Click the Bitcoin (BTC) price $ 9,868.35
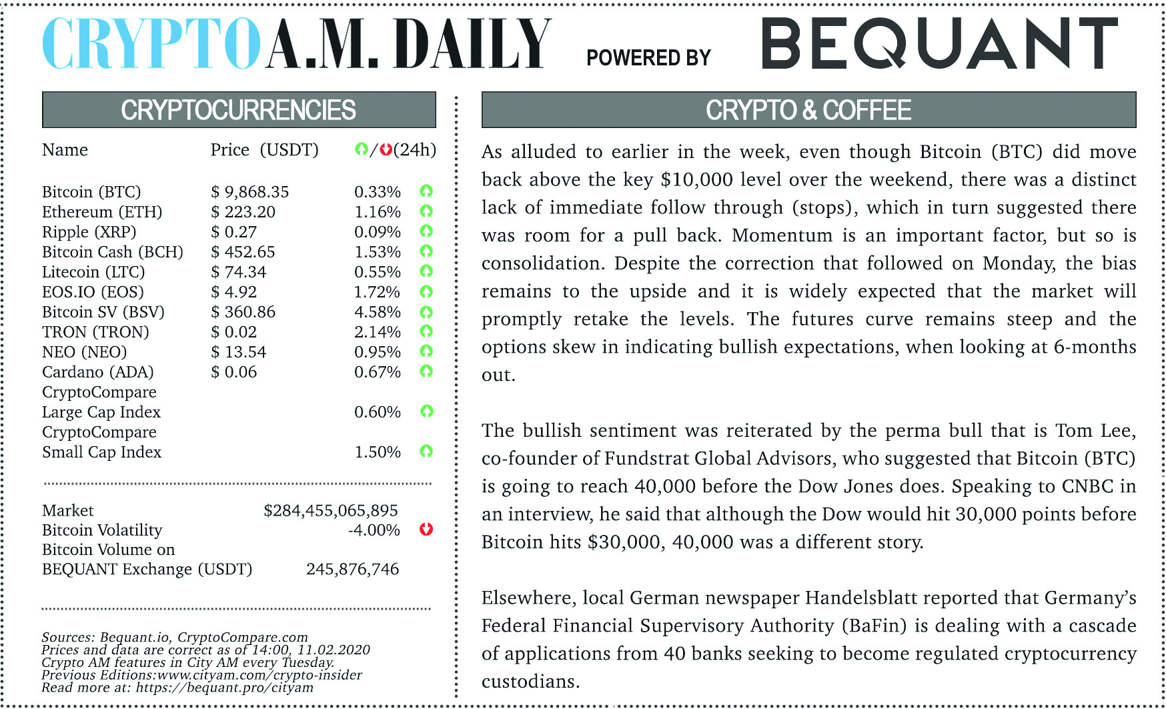[250, 192]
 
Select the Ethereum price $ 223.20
[243, 212]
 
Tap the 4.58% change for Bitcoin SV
[377, 312]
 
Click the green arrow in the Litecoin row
[426, 271]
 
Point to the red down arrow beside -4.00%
[426, 530]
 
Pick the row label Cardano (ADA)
[97, 372]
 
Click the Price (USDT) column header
[264, 150]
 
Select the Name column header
[65, 150]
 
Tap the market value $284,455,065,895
[331, 511]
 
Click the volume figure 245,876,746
[352, 570]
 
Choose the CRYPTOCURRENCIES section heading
[238, 110]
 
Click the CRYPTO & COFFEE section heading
[808, 110]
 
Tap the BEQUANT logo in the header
[939, 43]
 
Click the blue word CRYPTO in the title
[151, 43]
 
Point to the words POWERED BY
[648, 58]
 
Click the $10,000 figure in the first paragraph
[696, 179]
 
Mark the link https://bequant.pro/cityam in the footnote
[224, 688]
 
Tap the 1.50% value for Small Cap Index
[377, 452]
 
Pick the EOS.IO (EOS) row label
[93, 292]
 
